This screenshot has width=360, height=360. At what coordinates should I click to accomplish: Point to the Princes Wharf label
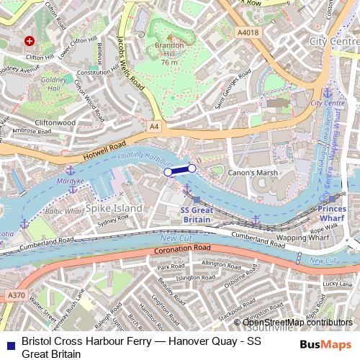(336, 212)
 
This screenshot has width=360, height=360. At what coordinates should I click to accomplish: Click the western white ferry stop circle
(168, 172)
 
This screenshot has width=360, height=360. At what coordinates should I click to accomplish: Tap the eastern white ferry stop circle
(192, 168)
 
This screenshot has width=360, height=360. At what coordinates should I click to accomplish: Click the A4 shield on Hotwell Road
(154, 126)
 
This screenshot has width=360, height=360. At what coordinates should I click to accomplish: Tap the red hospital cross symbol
(30, 42)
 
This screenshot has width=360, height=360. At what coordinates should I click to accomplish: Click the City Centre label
(333, 42)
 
